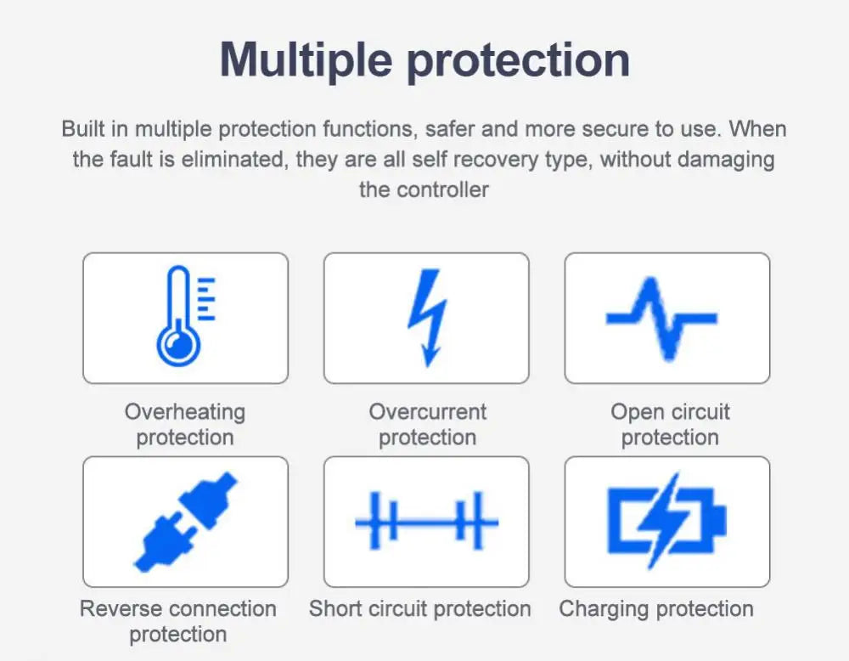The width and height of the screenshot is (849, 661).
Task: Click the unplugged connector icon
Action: point(186,520)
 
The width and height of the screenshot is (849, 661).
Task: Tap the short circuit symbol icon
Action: point(426,521)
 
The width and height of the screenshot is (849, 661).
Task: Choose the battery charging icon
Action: point(666,520)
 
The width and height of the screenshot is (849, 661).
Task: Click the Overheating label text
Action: point(185,412)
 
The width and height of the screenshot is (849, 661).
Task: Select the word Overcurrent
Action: point(427,412)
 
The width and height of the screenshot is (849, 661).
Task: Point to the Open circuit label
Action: point(670,412)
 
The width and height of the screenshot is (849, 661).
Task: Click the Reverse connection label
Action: point(177,609)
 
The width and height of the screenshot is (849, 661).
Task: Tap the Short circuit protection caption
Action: point(419,609)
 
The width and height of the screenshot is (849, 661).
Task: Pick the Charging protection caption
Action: point(656,609)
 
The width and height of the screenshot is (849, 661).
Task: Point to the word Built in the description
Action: point(83,129)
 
